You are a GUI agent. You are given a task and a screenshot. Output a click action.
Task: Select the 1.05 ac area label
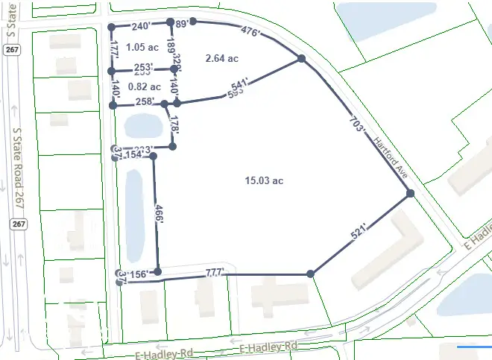[x=142, y=46]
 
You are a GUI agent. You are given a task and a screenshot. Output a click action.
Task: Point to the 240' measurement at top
[x=142, y=25]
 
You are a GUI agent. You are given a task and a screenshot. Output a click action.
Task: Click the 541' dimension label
[x=236, y=91]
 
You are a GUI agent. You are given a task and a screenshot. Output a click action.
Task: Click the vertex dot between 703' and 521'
[x=410, y=194]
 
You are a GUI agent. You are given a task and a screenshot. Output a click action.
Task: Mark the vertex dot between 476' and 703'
[x=302, y=58]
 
